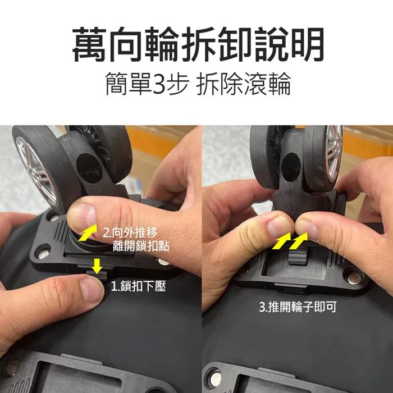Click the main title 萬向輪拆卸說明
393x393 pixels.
coord(198,44)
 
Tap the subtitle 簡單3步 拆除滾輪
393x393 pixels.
coord(198,84)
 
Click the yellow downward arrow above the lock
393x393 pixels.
coord(97,266)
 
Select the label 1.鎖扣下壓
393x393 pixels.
coord(138,286)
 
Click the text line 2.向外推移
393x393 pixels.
coord(130,232)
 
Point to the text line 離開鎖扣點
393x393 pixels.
coord(141,246)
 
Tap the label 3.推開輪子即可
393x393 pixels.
coord(298,307)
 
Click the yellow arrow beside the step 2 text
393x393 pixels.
coord(88,232)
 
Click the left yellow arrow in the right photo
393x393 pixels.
coord(281,241)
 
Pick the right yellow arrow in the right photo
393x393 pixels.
coord(298,241)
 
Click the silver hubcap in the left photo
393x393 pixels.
coord(38,171)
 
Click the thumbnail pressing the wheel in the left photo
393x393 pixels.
coord(83,215)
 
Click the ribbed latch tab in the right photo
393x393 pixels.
coord(298,255)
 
